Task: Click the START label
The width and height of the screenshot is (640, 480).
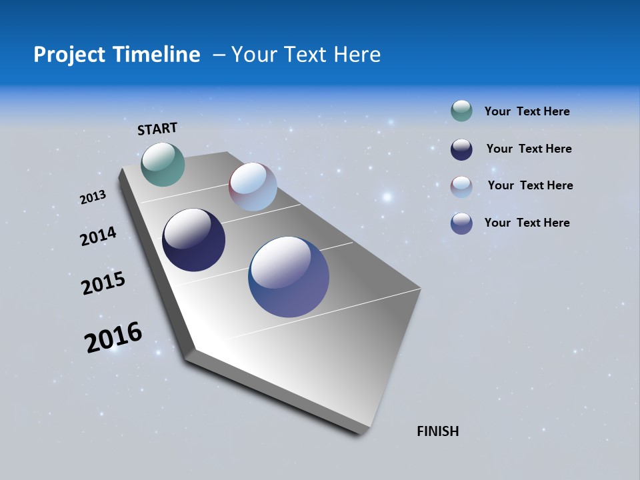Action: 157,129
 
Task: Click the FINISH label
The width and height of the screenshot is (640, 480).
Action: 437,431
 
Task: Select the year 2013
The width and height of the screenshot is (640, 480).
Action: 93,197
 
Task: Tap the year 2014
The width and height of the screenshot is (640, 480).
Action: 98,237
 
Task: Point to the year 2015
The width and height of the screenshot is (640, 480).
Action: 103,283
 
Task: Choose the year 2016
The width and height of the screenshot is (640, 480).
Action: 113,337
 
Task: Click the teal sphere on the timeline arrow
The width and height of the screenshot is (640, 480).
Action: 163,164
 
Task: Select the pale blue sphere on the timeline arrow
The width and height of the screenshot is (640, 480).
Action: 253,187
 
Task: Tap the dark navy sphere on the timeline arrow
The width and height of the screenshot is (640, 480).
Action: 193,240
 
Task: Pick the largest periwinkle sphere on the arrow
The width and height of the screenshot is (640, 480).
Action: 289,277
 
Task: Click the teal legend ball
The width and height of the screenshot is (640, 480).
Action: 461,111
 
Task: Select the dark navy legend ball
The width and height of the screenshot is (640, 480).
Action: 461,149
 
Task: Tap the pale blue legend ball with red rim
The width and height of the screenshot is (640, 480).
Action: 461,187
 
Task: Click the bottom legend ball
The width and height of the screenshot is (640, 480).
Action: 461,223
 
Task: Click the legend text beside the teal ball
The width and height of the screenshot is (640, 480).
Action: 527,112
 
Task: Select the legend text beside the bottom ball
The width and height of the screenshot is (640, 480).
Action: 527,223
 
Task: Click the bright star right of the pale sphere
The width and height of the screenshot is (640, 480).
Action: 387,197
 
